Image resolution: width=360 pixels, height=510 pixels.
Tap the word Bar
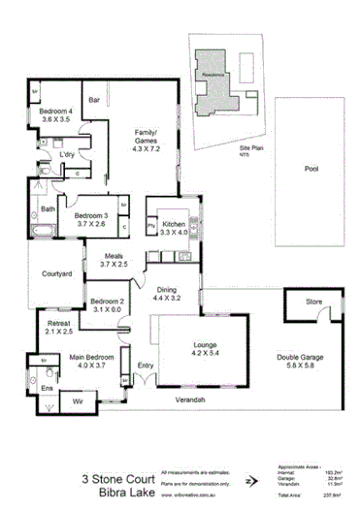tap(95, 100)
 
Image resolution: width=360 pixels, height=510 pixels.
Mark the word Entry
tap(146, 366)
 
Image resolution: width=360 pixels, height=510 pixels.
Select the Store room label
tap(313, 303)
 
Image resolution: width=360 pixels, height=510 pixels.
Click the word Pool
tap(311, 168)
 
